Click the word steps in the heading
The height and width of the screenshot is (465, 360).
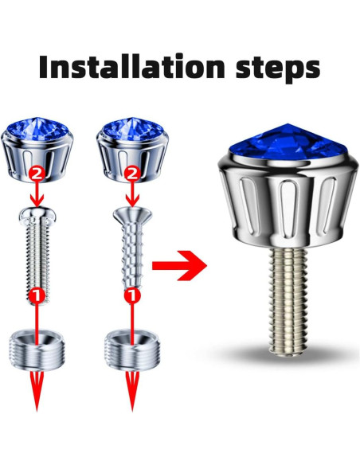pos(272,68)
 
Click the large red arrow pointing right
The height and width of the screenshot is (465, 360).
pos(178,267)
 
